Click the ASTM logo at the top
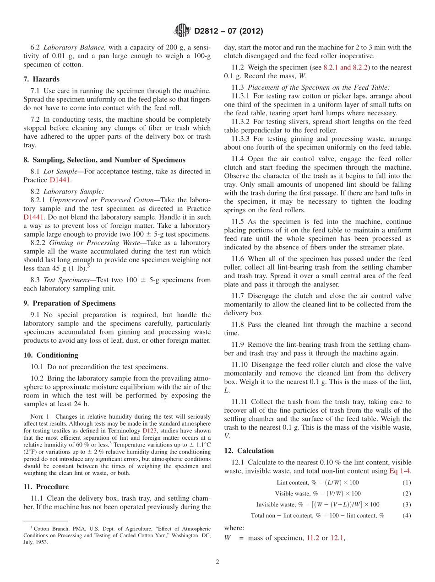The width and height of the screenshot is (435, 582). pyautogui.click(x=182, y=31)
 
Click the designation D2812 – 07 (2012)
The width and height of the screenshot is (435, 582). pyautogui.click(x=228, y=32)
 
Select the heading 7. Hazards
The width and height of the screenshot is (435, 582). pyautogui.click(x=41, y=79)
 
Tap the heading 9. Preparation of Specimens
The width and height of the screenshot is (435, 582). pyautogui.click(x=69, y=303)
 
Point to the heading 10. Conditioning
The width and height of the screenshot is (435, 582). pyautogui.click(x=50, y=355)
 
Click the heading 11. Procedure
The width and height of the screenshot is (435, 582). pyautogui.click(x=46, y=486)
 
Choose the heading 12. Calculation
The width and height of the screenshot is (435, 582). pyautogui.click(x=249, y=451)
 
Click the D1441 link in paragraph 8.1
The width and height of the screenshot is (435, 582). pyautogui.click(x=60, y=180)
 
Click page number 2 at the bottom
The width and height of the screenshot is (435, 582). pyautogui.click(x=217, y=562)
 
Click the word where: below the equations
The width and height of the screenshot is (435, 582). pyautogui.click(x=234, y=528)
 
